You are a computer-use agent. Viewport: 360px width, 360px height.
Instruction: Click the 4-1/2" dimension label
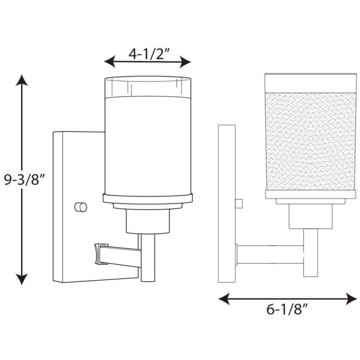(x=149, y=55)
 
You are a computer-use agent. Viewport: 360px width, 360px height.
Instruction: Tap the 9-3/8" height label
(x=24, y=180)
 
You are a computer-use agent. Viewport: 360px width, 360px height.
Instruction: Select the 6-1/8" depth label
(x=287, y=309)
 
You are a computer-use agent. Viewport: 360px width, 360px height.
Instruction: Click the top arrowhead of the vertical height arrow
(x=22, y=80)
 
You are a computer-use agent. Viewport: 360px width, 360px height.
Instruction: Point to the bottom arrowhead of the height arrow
(x=22, y=279)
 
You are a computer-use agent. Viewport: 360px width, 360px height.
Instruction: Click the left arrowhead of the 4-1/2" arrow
(x=110, y=62)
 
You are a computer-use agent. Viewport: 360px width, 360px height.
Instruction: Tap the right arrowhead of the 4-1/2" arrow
(x=185, y=62)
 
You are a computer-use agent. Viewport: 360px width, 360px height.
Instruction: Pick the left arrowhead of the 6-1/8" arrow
(x=224, y=299)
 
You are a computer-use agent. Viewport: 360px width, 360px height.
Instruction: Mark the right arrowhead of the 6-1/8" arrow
(x=352, y=299)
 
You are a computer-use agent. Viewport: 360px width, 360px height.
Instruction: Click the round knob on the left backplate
(x=81, y=207)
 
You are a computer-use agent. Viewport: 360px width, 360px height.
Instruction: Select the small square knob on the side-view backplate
(x=239, y=203)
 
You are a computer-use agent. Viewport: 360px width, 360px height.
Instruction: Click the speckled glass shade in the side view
(x=311, y=141)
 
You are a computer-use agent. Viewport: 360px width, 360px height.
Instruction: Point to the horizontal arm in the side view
(x=270, y=255)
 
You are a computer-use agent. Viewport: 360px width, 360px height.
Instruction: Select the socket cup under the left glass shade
(x=148, y=221)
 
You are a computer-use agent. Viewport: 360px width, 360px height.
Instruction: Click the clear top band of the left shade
(x=148, y=87)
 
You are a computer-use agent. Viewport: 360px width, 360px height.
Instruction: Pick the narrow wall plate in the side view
(x=226, y=204)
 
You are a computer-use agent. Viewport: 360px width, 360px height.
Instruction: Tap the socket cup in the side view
(x=311, y=216)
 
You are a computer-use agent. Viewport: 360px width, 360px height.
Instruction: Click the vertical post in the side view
(x=311, y=253)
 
